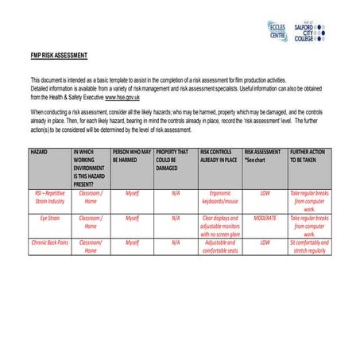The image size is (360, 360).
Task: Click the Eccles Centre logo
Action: click(278, 31)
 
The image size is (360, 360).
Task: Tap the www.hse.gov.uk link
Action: click(122, 97)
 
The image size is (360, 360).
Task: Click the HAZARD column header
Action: click(39, 151)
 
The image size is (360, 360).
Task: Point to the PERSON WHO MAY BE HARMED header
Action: click(132, 155)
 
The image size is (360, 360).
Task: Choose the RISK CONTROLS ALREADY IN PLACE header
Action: click(219, 155)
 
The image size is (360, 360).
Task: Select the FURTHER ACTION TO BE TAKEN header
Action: click(309, 155)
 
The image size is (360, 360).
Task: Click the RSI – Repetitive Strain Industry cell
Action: click(50, 197)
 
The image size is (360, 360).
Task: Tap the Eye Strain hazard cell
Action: click(50, 217)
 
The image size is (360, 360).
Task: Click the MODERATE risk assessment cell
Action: click(265, 217)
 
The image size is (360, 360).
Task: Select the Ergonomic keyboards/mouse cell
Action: click(219, 197)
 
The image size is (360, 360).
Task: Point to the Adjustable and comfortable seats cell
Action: click(219, 246)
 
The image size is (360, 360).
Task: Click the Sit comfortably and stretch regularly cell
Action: click(309, 246)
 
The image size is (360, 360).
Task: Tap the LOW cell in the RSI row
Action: click(265, 193)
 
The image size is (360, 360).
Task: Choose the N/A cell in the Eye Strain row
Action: click(176, 217)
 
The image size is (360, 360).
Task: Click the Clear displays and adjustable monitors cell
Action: click(219, 226)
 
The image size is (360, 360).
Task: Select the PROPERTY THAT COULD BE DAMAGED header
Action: click(176, 159)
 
